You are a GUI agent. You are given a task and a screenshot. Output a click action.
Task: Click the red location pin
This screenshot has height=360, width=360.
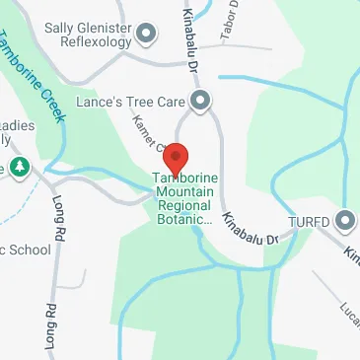pyautogui.click(x=175, y=158)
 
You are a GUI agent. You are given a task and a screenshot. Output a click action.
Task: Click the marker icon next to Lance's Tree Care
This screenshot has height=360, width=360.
pyautogui.click(x=200, y=99)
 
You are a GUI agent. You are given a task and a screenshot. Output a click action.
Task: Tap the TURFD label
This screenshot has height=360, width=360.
pyautogui.click(x=309, y=221)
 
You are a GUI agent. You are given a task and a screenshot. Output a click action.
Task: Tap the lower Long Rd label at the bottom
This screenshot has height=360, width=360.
pyautogui.click(x=48, y=329)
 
